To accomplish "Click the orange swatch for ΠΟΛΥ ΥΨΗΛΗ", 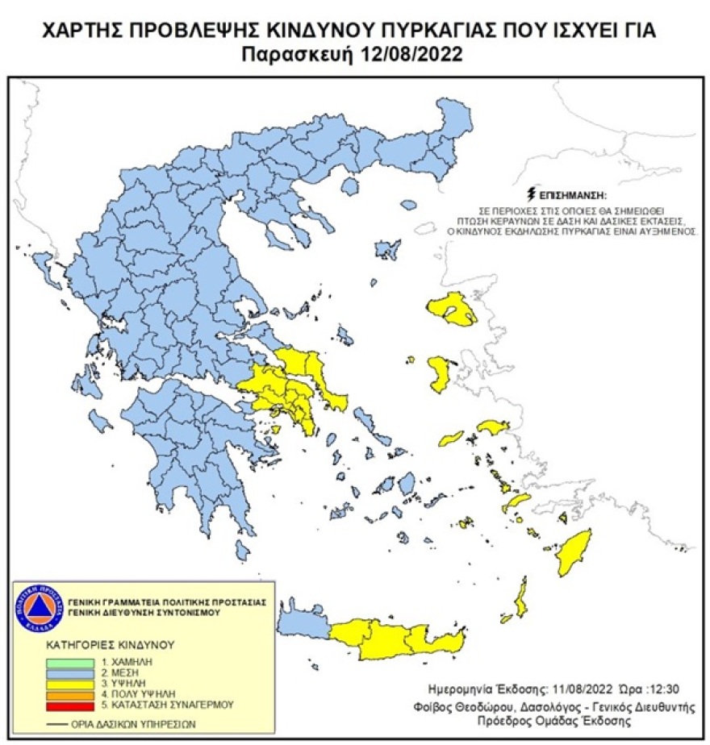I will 61,694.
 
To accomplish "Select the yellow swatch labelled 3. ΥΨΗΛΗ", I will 61,683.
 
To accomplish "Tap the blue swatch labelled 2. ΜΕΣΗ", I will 61,672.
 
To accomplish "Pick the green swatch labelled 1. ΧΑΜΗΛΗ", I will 61,660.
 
